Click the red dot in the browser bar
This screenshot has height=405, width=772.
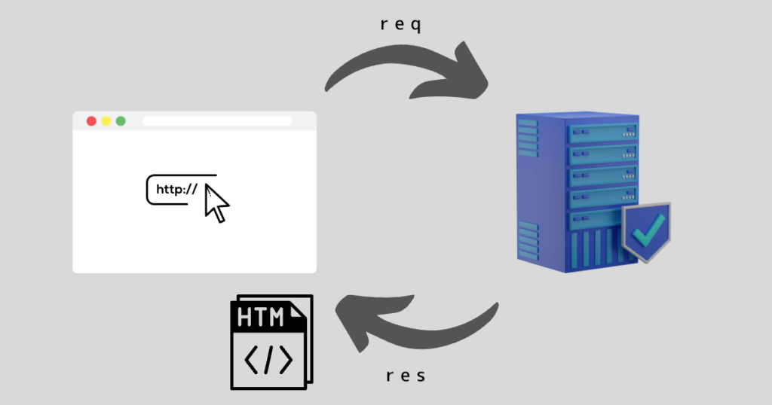(x=91, y=121)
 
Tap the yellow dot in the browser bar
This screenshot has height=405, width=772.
(x=106, y=121)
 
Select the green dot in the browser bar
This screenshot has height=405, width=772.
(x=121, y=121)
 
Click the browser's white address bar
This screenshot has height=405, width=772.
(x=217, y=121)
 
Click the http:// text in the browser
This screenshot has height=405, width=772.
(x=176, y=190)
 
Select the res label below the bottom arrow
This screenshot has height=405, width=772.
(x=406, y=376)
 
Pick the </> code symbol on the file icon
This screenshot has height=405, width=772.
(x=268, y=361)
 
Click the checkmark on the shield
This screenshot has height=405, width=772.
(x=648, y=230)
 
